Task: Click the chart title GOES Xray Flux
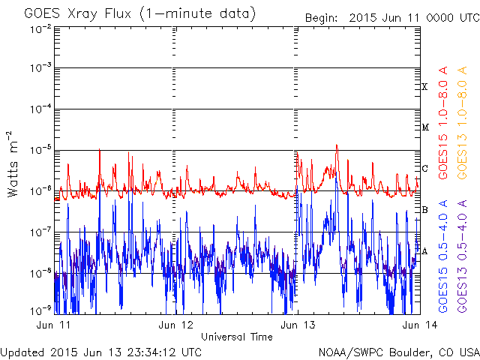coord(77,14)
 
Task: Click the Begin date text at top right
coord(392,18)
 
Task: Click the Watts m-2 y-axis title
coord(13,164)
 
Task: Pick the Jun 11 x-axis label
coord(53,325)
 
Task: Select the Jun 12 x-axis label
coord(175,325)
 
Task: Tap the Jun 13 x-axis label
coord(298,325)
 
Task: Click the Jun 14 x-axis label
coord(420,325)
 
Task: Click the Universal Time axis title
coord(237,337)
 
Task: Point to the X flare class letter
coord(424,87)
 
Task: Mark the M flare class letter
coord(425,127)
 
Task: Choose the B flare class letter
coord(424,210)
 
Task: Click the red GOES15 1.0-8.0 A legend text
coord(443,123)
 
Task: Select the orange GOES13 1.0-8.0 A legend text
coord(462,123)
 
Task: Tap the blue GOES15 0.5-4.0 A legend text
coord(443,256)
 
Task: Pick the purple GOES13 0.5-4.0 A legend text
coord(462,256)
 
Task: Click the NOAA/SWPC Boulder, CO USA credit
coord(399,352)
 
